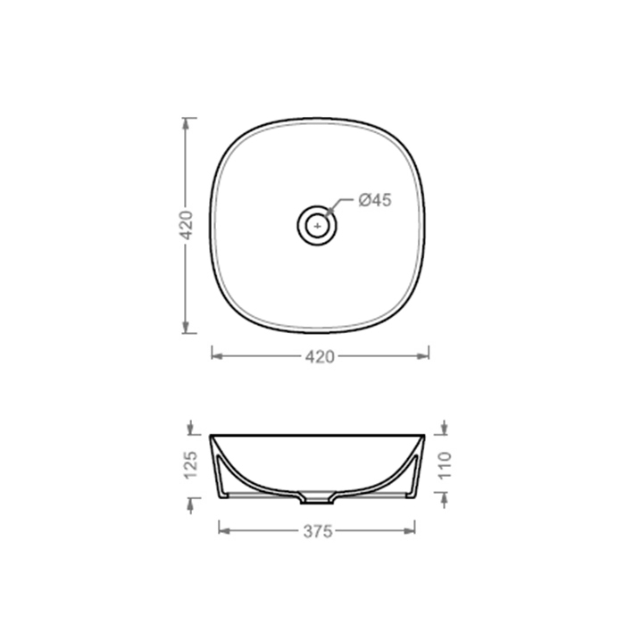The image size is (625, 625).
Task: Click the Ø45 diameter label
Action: pos(375,200)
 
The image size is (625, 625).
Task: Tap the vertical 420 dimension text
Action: pos(187,225)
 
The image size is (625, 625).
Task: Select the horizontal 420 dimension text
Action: pos(320,357)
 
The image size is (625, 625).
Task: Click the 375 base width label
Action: pos(318,531)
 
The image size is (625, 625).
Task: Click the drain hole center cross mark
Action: pos(317,226)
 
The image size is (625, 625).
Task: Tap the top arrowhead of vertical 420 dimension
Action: pos(186,123)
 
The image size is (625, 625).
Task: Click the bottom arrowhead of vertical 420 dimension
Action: pos(186,327)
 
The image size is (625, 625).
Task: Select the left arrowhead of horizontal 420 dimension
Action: pos(217,356)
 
